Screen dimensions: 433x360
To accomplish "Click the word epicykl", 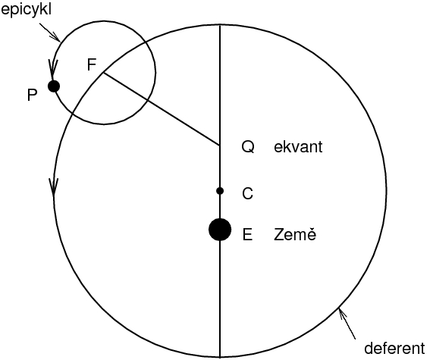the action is point(27,11).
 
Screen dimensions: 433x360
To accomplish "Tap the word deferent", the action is point(394,348).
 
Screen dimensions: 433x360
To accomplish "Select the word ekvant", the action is point(298,146).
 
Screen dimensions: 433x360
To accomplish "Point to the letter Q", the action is point(248,146).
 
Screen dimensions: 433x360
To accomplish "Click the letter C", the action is point(247,193).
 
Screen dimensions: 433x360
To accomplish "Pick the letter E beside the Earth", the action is point(247,235).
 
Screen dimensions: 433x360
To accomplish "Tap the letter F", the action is point(92,64).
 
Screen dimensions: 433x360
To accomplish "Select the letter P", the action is point(32,95).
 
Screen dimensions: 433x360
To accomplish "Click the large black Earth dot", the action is point(220,230).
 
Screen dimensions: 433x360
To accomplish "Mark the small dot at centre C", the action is point(220,190).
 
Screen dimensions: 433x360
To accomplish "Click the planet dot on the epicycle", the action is point(54,86).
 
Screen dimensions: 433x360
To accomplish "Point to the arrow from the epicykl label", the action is point(50,33).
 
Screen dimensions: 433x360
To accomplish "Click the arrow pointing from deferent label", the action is point(347,324).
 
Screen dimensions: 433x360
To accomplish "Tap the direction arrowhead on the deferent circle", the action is point(54,187).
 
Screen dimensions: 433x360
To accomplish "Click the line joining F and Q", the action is point(162,109).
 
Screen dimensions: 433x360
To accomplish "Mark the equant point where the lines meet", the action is point(220,146).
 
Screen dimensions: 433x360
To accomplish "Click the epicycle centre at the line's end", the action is point(104,73).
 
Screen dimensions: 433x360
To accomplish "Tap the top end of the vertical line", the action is point(220,25).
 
